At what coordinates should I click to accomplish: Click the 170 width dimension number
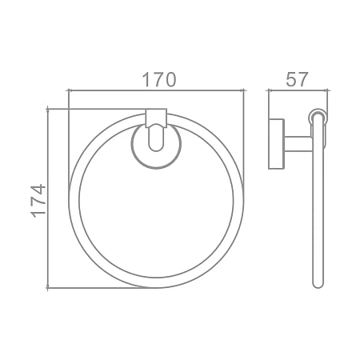pyautogui.click(x=159, y=79)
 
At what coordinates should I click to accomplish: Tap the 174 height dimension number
pyautogui.click(x=38, y=201)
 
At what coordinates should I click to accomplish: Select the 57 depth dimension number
pyautogui.click(x=297, y=79)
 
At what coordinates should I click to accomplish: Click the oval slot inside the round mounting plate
pyautogui.click(x=156, y=138)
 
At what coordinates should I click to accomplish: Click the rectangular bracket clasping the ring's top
pyautogui.click(x=156, y=118)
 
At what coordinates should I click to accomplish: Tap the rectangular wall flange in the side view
pyautogui.click(x=276, y=144)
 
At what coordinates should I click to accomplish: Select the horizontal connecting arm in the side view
pyautogui.click(x=298, y=144)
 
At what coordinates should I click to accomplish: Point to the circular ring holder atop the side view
pyautogui.click(x=318, y=116)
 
